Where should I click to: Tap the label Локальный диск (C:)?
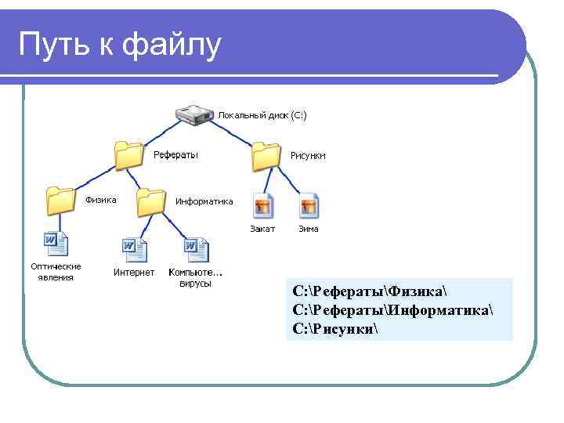[x=262, y=115]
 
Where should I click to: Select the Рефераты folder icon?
[x=128, y=156]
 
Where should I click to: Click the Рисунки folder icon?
[x=266, y=156]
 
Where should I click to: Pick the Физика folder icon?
[x=60, y=201]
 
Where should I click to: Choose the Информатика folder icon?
[x=150, y=202]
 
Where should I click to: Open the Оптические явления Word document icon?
[x=56, y=245]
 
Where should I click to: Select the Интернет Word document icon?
[x=134, y=251]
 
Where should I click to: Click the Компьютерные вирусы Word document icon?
[x=196, y=251]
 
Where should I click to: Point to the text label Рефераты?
[x=175, y=155]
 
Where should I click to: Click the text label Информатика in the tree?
[x=204, y=201]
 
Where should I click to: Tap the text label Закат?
[x=262, y=229]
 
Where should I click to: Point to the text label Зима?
[x=309, y=229]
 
